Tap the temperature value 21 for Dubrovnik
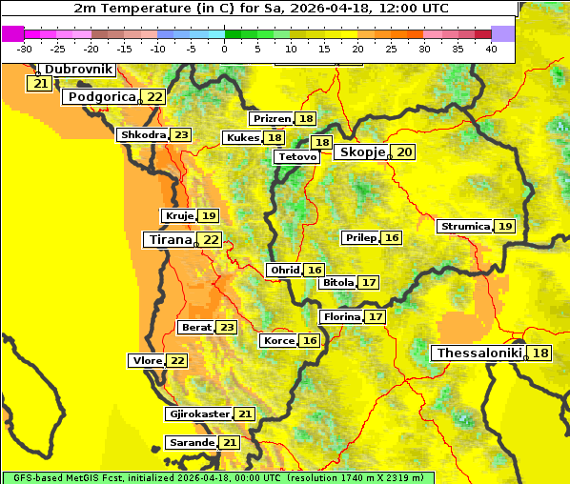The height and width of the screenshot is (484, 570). pos(40,84)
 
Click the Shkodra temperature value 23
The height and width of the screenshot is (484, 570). pos(181,135)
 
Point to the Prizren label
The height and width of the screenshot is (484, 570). pos(272,119)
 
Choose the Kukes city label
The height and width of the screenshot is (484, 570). pos(242,138)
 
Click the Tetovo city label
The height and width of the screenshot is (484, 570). pos(296,156)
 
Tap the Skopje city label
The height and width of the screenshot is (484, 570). pos(362,152)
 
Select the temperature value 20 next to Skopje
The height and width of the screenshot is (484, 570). pos(404,152)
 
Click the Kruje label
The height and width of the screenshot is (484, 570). pos(178,216)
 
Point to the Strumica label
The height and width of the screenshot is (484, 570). pos(464,227)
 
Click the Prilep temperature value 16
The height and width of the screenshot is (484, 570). pos(392,237)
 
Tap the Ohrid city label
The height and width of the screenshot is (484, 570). pos(285,271)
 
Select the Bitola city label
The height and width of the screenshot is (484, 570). pos(338,283)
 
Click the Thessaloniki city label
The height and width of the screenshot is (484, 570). pos(478,353)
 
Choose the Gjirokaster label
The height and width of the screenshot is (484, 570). pos(198,414)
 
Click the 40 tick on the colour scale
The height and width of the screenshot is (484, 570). pos(491,49)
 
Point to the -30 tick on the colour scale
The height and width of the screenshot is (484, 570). pos(25,49)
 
